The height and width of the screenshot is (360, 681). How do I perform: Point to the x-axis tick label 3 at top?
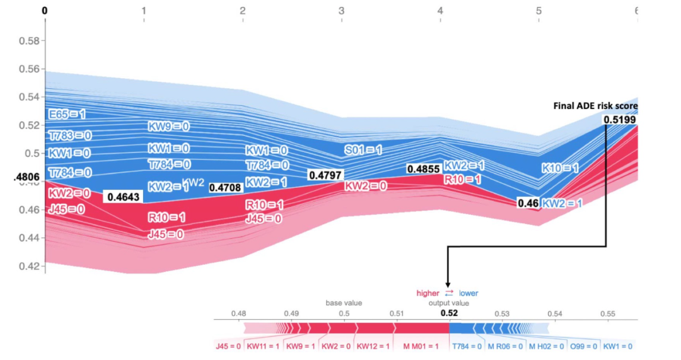tap(341, 11)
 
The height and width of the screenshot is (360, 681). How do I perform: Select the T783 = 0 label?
tap(70, 135)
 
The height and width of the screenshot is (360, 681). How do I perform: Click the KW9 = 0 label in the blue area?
tap(168, 126)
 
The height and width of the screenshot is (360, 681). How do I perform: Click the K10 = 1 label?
tap(560, 168)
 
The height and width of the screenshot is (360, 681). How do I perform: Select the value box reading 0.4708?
tap(225, 187)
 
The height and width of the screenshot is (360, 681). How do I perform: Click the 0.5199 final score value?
tap(620, 119)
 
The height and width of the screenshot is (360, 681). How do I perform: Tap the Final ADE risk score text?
tap(595, 106)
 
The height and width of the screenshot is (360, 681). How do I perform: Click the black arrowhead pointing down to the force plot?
tap(448, 284)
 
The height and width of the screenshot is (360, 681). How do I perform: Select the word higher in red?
tap(428, 293)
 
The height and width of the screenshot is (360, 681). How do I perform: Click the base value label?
tap(343, 303)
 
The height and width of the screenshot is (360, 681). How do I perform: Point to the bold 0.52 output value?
tap(450, 313)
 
